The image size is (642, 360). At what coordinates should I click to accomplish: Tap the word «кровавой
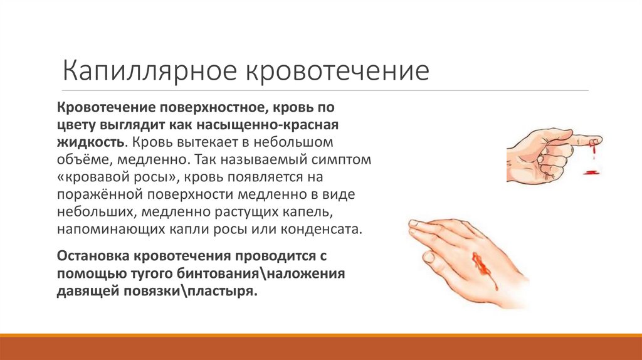[92, 177]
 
